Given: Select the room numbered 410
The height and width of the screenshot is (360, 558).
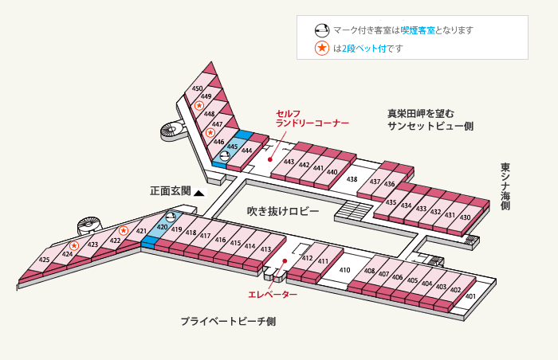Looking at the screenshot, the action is click(344, 270).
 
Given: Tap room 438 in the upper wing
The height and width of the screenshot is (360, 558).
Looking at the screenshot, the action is click(352, 179).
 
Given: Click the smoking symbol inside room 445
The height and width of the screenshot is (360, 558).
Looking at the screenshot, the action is click(225, 155).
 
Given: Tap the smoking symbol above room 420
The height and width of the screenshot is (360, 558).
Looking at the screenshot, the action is click(171, 216).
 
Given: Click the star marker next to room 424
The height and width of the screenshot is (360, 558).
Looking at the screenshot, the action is click(74, 245).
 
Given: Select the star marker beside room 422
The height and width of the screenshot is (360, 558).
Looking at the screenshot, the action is click(124, 230).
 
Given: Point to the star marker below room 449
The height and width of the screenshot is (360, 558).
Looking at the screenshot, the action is click(199, 105).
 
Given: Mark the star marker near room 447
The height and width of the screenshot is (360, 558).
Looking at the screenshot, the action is click(210, 133).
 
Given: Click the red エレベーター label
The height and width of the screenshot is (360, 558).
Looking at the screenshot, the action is click(273, 295).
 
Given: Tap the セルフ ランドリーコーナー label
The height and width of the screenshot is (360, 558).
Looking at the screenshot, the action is click(312, 119).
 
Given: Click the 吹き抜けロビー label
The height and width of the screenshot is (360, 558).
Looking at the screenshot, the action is click(283, 211).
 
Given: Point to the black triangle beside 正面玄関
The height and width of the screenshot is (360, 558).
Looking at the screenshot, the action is click(199, 194).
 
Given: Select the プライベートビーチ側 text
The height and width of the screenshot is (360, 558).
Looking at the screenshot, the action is click(228, 322).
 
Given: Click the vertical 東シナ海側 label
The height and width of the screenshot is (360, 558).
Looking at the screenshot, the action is click(505, 186).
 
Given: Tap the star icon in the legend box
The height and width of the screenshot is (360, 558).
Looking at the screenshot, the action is click(322, 48).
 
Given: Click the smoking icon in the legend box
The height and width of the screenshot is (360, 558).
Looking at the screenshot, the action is click(322, 30).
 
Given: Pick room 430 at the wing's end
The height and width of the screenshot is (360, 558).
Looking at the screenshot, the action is click(466, 217).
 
